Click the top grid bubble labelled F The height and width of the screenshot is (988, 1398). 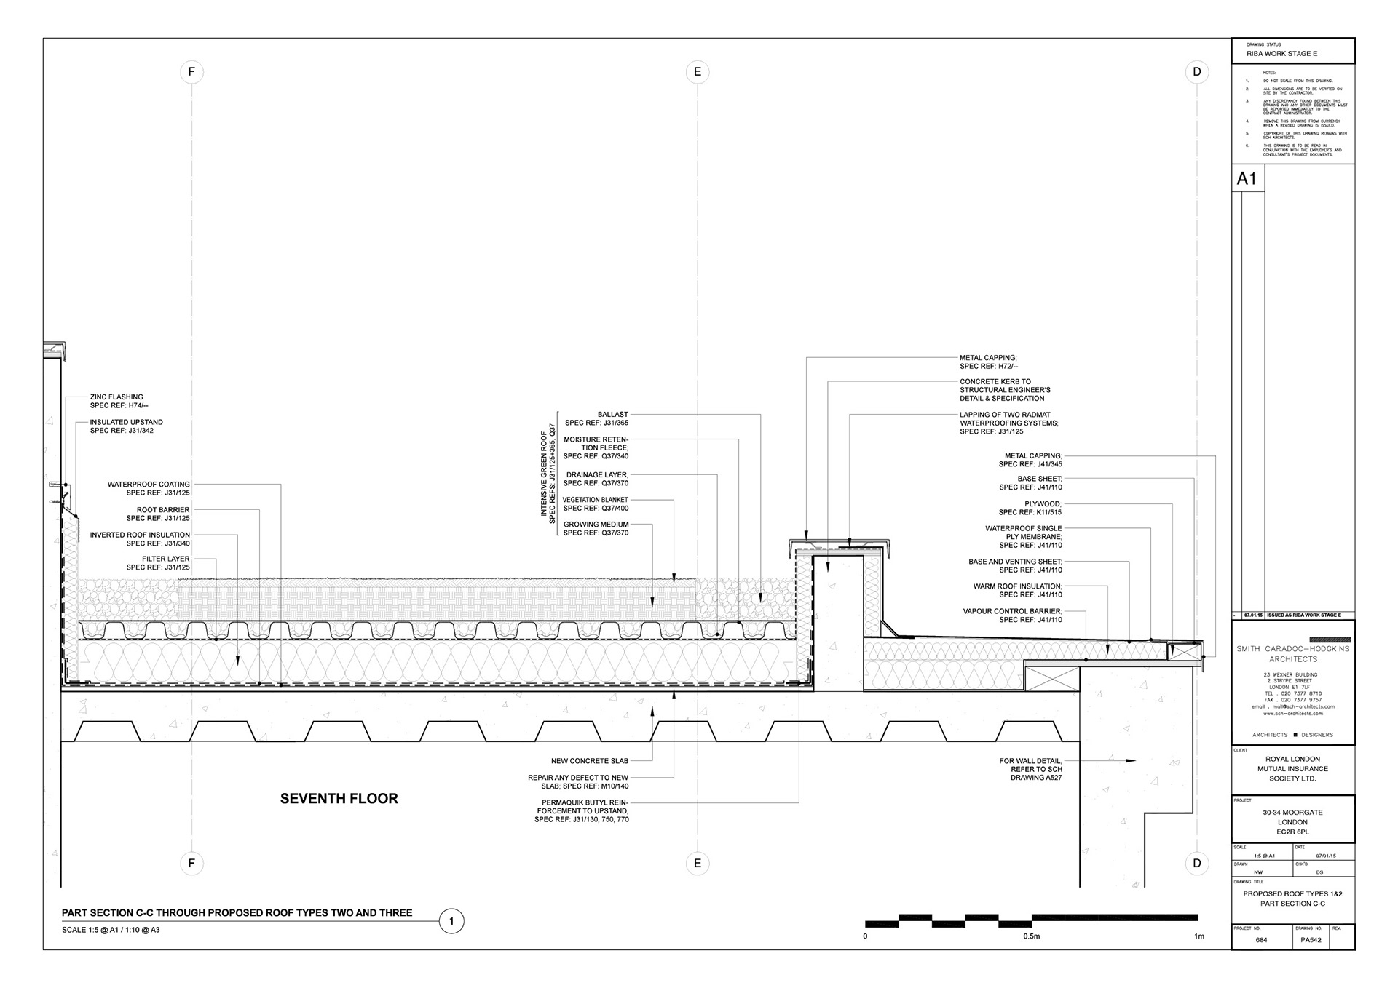coord(191,72)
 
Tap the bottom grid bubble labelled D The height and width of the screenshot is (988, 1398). coord(1197,864)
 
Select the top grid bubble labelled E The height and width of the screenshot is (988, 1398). coord(698,72)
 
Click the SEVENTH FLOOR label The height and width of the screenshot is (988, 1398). coord(339,799)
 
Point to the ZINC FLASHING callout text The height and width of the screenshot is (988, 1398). coord(116,397)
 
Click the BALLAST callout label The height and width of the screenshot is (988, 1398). coord(612,415)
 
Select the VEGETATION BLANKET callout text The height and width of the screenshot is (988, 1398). coord(595,500)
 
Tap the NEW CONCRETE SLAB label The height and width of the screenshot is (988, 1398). coord(589,761)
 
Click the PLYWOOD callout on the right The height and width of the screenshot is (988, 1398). coord(1043,504)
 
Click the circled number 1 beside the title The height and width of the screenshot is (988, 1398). coord(451,922)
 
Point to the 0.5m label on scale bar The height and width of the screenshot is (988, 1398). coord(1031,936)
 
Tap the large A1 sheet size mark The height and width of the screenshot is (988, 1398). coord(1247,179)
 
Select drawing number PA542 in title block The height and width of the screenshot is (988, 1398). coord(1311,940)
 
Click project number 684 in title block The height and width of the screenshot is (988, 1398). coord(1261,940)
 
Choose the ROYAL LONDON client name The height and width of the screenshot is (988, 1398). coord(1292,759)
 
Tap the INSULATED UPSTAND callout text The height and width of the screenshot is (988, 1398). coord(127,422)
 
